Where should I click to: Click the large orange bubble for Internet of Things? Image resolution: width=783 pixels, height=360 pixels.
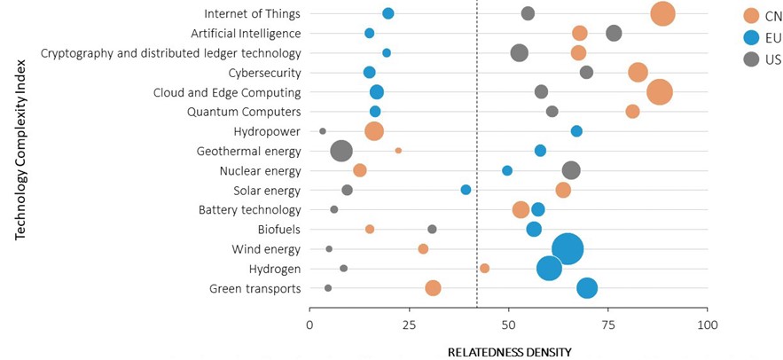point(662,13)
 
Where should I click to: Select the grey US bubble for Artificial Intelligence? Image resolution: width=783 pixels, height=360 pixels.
point(614,33)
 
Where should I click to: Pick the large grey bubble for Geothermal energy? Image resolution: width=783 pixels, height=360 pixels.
point(341,151)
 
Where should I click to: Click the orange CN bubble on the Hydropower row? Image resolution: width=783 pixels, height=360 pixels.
point(374,131)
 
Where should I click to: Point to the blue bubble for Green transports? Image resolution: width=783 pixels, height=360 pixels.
point(587,287)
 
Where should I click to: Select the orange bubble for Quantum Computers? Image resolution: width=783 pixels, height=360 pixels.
point(632,112)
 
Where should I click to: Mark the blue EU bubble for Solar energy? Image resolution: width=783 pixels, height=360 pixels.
point(466,190)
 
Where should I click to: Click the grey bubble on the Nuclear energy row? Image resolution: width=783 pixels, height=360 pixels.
point(571,170)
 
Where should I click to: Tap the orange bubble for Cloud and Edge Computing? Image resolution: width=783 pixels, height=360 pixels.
point(659,92)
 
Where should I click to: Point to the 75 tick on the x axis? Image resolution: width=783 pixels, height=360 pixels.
point(608,325)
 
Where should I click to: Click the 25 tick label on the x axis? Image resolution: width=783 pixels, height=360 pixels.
point(410,325)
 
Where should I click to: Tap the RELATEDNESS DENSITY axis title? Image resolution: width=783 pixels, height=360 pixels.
point(509,352)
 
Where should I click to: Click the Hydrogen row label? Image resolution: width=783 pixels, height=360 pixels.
point(274,269)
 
